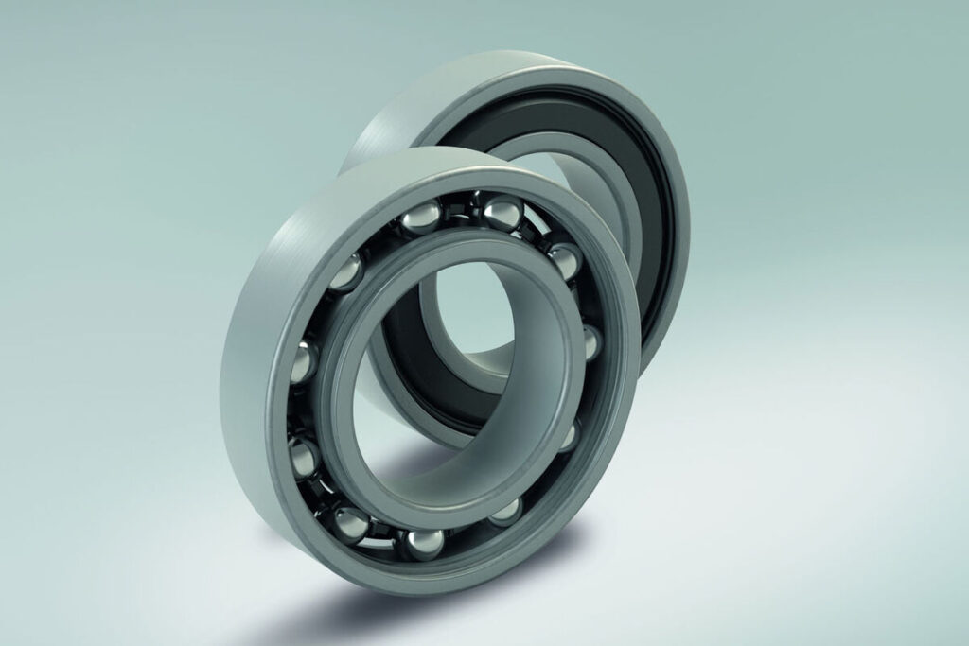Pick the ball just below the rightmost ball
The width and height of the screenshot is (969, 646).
tap(568, 435)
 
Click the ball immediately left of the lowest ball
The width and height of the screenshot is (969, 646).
tap(350, 521)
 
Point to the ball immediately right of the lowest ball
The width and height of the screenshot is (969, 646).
tap(506, 511)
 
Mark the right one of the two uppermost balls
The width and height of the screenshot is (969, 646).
tap(502, 211)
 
